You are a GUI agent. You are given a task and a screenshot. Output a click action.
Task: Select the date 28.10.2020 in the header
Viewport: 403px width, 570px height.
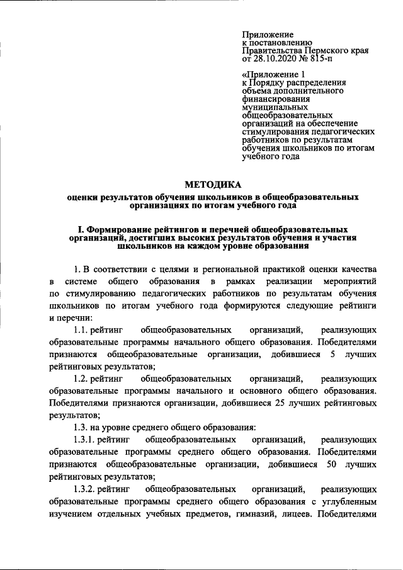click(275, 59)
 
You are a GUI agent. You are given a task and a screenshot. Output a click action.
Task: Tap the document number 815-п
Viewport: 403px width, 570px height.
click(322, 59)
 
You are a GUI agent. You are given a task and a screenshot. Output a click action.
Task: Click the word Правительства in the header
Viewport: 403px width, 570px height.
click(273, 50)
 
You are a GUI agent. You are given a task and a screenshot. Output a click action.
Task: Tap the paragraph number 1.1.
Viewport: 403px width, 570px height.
click(82, 330)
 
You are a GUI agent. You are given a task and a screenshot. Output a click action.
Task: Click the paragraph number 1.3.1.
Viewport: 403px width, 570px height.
click(86, 438)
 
